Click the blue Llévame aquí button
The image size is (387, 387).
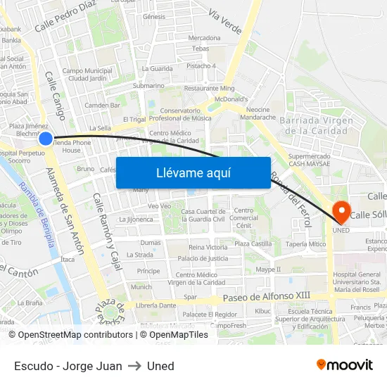coord(193,172)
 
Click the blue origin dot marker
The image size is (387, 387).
coord(45,139)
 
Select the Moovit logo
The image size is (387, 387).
coord(344,364)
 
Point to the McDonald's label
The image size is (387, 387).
coord(231,99)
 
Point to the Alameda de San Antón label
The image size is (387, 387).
coord(65,211)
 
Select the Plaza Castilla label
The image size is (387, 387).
coord(253,243)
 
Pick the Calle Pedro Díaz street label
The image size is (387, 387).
coord(65,15)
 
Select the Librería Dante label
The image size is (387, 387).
coord(156,305)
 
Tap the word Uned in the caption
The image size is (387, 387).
coord(160,366)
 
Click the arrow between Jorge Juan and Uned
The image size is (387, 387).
coord(134,366)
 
